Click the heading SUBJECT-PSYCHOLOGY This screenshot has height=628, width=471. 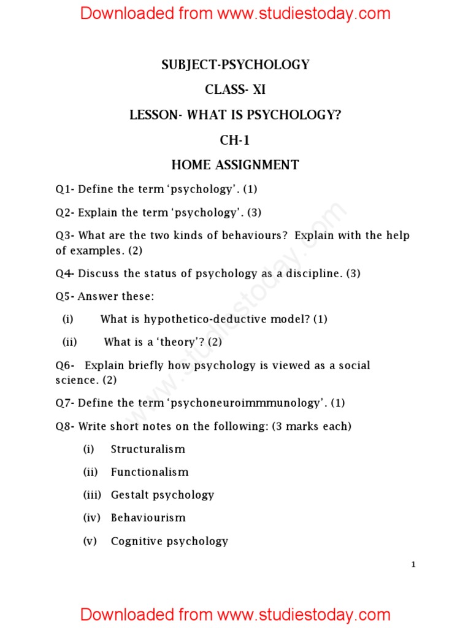click(235, 64)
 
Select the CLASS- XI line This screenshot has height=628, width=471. click(235, 90)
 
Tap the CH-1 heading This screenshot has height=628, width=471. click(235, 140)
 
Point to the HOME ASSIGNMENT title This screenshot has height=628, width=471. click(235, 165)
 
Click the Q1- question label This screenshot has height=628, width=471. click(64, 190)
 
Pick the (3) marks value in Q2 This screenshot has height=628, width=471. click(254, 213)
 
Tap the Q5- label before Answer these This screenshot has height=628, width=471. click(64, 297)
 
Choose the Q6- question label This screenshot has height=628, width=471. click(64, 366)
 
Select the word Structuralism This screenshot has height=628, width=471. click(148, 449)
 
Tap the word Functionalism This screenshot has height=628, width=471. click(150, 472)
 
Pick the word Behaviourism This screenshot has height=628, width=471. click(148, 518)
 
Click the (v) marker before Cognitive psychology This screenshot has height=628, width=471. click(90, 541)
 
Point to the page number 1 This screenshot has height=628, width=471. click(413, 565)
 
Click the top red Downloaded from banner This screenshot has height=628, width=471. click(235, 13)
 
